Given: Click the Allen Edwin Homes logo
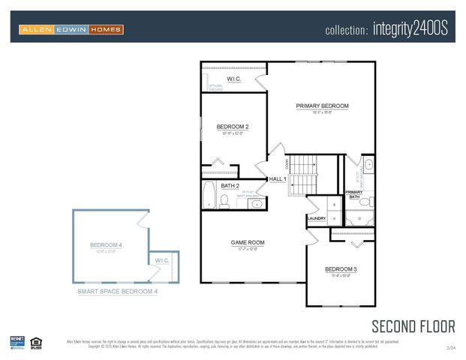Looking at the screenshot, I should coord(71,29).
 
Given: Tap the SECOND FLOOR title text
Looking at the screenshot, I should coord(413,325).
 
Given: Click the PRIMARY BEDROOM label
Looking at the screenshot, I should coord(322,106).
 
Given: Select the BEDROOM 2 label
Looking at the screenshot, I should coord(233,127).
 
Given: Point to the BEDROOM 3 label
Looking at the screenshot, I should coord(341,268).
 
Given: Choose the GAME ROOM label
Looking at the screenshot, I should coord(248,242).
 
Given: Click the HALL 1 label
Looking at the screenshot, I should coord(278,179).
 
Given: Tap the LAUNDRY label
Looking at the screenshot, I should coord(317,219).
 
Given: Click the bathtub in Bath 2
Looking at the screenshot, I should coord(209,195).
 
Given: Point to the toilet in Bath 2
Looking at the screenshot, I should coord(224,200).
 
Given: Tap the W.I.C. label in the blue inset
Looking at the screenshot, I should coord(163,260).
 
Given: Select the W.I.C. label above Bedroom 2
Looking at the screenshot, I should coord(234,79).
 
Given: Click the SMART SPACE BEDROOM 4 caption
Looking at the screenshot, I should coord(118,292).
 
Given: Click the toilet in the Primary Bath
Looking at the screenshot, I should coord(365,202).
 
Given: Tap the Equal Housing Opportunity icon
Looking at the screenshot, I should coord(36,343).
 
